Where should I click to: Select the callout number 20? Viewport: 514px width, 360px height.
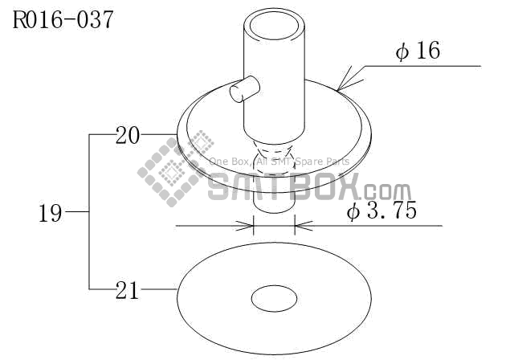click(127, 135)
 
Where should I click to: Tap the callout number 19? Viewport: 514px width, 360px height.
click(50, 213)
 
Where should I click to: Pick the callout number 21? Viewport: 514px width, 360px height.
click(127, 289)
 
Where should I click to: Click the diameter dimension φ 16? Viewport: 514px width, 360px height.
click(418, 51)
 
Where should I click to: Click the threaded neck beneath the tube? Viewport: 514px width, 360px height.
click(274, 150)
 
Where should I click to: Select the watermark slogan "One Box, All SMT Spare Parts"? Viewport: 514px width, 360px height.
click(279, 162)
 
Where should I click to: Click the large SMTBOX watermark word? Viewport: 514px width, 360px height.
click(285, 188)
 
